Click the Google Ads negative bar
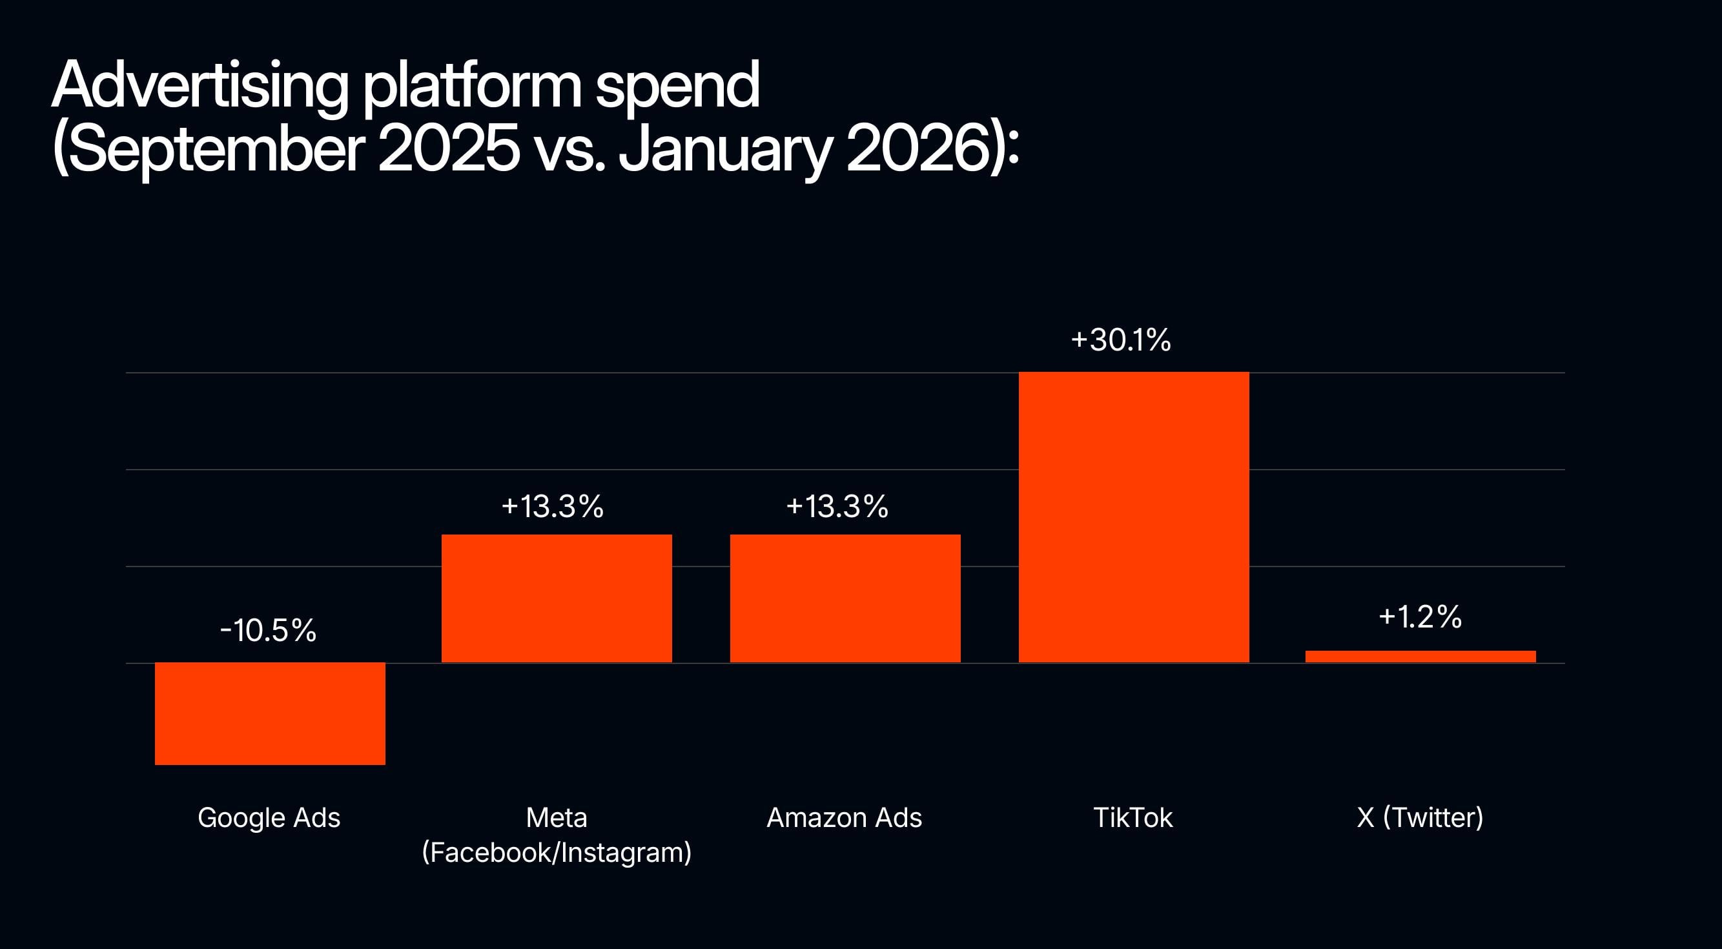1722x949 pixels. pyautogui.click(x=270, y=713)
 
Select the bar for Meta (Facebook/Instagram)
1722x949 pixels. pyautogui.click(x=556, y=598)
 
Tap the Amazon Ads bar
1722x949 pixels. pyautogui.click(x=845, y=598)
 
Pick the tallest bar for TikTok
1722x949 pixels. pyautogui.click(x=1134, y=517)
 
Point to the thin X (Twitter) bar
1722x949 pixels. pyautogui.click(x=1420, y=657)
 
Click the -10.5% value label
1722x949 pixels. pyautogui.click(x=268, y=630)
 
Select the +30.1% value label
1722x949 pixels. pyautogui.click(x=1120, y=340)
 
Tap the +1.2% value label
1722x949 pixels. pyautogui.click(x=1420, y=616)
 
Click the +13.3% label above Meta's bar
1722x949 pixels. pyautogui.click(x=552, y=506)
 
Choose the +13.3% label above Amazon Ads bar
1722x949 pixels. pyautogui.click(x=837, y=506)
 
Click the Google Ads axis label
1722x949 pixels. pyautogui.click(x=269, y=817)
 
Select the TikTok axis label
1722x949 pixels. pyautogui.click(x=1133, y=817)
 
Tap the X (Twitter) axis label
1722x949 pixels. pyautogui.click(x=1420, y=817)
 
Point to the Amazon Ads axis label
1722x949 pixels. pyautogui.click(x=844, y=817)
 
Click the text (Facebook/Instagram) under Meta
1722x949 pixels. pyautogui.click(x=556, y=852)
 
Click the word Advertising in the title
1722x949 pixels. pyautogui.click(x=200, y=86)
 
